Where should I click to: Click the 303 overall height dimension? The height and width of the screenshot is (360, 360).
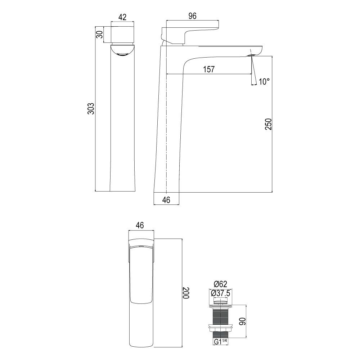(91, 108)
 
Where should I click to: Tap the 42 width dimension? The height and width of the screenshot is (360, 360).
(122, 17)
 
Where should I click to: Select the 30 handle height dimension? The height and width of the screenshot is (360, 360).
(99, 35)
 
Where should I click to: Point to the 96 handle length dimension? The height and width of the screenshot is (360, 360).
(192, 16)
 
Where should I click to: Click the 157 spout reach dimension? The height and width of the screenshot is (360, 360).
(209, 69)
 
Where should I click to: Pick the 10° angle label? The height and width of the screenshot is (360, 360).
(264, 81)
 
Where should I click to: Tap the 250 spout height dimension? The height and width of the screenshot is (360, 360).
(269, 124)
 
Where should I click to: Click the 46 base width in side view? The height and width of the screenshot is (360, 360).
(166, 200)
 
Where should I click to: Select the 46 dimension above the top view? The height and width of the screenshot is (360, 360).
(140, 225)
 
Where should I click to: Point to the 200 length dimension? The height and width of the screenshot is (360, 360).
(186, 293)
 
